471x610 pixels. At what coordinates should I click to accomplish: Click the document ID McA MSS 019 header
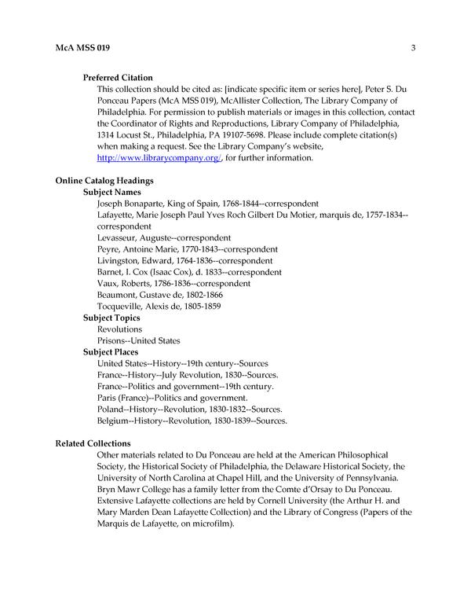point(82,49)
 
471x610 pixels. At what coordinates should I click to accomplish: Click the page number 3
point(412,49)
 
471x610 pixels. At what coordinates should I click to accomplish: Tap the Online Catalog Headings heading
point(104,181)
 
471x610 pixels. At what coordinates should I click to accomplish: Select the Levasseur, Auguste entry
point(163,237)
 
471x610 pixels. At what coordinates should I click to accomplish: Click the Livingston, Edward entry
point(184,260)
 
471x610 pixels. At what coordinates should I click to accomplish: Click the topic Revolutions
point(119,329)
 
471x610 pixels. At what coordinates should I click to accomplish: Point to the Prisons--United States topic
point(138,340)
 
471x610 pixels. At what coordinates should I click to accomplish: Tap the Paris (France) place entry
point(172,398)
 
